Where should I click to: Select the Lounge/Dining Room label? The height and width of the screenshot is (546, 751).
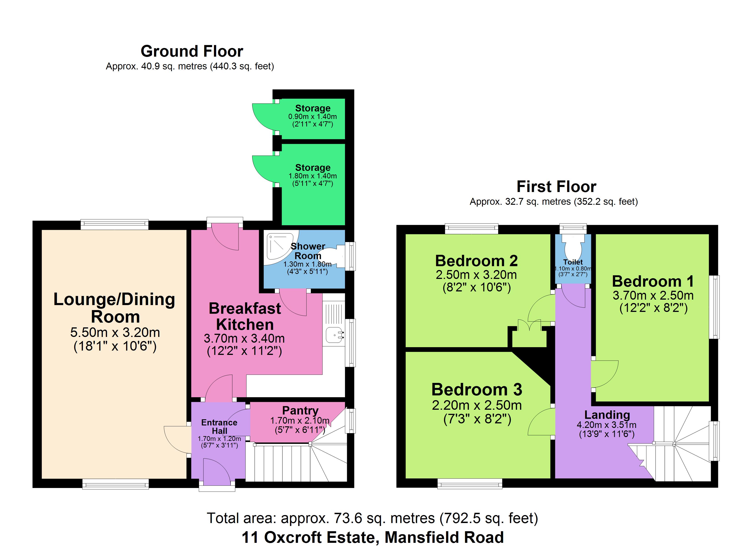coord(114,308)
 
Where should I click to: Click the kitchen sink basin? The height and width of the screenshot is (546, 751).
coord(335,335)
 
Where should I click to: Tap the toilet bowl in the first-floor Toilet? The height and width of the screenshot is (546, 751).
coord(573,247)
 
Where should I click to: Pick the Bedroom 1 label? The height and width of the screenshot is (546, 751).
coord(653,281)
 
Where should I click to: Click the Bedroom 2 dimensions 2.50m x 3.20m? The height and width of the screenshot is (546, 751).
coord(476,275)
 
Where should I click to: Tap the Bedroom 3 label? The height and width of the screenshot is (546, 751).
coord(477,390)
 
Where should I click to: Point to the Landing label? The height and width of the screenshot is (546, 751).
coord(607,415)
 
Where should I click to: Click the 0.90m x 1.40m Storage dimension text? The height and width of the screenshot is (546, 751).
coord(312,116)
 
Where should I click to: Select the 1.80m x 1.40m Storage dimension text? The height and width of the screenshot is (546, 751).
coord(312,176)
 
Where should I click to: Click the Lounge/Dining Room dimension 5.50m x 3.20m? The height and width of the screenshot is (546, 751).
coord(115,332)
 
